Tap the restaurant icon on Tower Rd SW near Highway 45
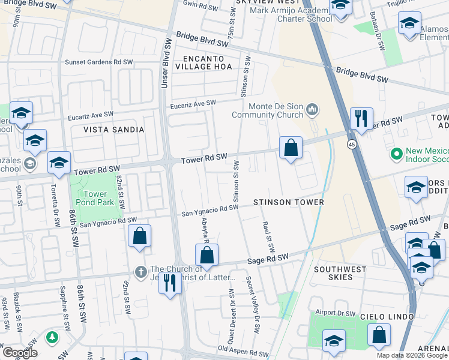361,119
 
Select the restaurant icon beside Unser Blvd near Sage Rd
170,281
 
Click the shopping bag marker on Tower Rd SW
291,148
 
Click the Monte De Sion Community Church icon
312,109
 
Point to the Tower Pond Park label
92,198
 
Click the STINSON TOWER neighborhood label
288,202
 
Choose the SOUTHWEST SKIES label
340,274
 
